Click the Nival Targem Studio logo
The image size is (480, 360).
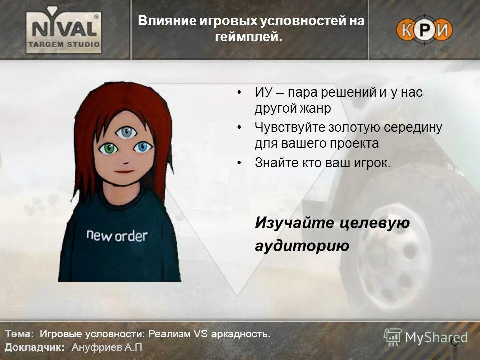pyautogui.click(x=64, y=30)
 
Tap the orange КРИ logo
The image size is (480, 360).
pyautogui.click(x=424, y=30)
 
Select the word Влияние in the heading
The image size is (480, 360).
pyautogui.click(x=160, y=21)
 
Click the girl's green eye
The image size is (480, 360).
pyautogui.click(x=109, y=148)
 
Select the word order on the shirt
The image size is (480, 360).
pyautogui.click(x=131, y=236)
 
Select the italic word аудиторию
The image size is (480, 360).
pyautogui.click(x=302, y=246)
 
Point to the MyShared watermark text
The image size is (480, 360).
pyautogui.click(x=436, y=337)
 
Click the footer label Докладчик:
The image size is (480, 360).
pyautogui.click(x=34, y=347)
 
